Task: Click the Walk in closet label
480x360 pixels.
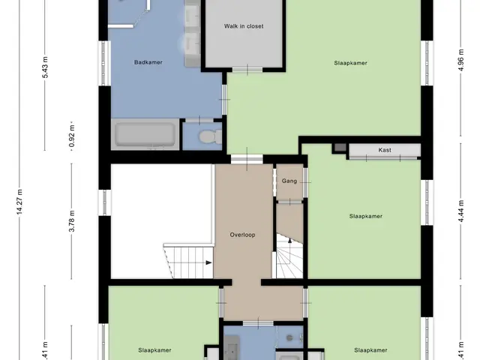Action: [244, 26]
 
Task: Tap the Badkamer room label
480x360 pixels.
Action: [148, 62]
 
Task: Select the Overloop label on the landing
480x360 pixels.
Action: [242, 235]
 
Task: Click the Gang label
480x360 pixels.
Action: [289, 181]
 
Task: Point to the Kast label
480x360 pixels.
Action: [385, 150]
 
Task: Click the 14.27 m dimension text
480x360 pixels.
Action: [19, 202]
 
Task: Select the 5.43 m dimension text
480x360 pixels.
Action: [45, 67]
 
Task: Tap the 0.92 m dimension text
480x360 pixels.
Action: [72, 136]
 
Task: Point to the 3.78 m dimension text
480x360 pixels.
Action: [72, 221]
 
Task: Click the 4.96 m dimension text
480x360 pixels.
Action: [461, 60]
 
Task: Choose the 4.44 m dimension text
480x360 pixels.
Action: [461, 211]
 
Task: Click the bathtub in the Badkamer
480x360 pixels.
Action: [145, 134]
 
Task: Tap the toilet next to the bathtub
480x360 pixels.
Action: [211, 136]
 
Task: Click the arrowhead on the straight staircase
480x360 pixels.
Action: [208, 262]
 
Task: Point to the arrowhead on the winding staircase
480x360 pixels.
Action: [290, 241]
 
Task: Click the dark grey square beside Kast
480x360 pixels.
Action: [340, 148]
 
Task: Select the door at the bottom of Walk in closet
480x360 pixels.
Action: [247, 70]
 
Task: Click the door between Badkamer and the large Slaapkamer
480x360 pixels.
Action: [224, 100]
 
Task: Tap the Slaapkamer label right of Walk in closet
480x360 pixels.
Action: [350, 63]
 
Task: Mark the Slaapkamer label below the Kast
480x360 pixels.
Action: [366, 217]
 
